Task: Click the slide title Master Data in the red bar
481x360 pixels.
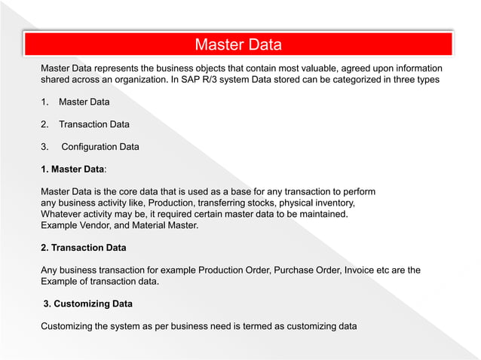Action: coord(238,44)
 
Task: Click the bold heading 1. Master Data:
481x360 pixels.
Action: coord(73,169)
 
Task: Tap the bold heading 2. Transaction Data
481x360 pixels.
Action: coord(83,247)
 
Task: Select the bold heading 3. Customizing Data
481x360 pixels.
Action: coord(88,304)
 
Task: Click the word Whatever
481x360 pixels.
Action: coord(63,214)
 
